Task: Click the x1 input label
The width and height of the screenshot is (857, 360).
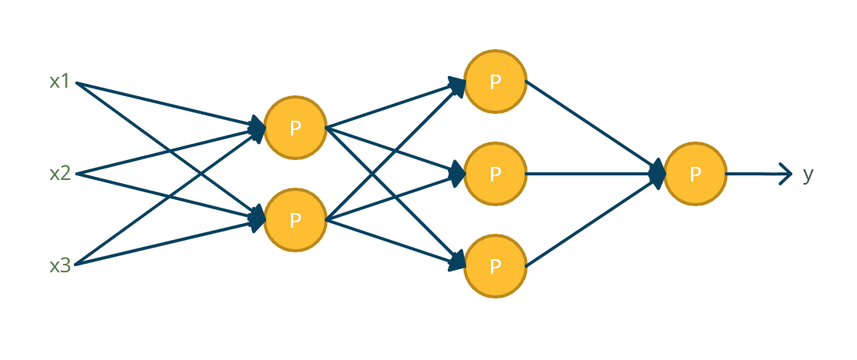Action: pyautogui.click(x=60, y=82)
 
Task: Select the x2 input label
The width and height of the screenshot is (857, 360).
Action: pyautogui.click(x=60, y=173)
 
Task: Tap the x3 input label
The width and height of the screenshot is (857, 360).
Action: pyautogui.click(x=60, y=266)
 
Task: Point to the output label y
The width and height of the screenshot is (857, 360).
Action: pyautogui.click(x=808, y=175)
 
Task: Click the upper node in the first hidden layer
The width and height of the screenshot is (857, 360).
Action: pyautogui.click(x=295, y=128)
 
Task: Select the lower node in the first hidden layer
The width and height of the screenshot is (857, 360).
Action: pyautogui.click(x=295, y=221)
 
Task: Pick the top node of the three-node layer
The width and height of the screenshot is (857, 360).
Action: pyautogui.click(x=495, y=82)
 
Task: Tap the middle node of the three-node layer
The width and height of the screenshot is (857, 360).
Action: pyautogui.click(x=495, y=175)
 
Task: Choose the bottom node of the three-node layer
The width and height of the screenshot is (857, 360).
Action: pyautogui.click(x=495, y=267)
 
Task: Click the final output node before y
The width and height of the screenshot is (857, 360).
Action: pyautogui.click(x=695, y=175)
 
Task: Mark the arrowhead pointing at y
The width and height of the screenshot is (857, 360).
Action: pyautogui.click(x=785, y=175)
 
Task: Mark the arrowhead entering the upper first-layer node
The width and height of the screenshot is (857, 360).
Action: pyautogui.click(x=258, y=127)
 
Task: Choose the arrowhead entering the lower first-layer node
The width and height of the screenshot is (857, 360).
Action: pyautogui.click(x=258, y=221)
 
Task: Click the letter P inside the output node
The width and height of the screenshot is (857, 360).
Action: pyautogui.click(x=695, y=175)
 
